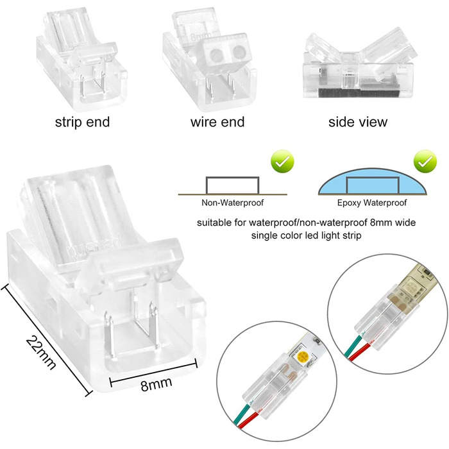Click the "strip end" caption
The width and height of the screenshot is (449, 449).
(83, 123)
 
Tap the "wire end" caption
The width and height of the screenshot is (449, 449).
(217, 123)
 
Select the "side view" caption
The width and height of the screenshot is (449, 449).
(358, 123)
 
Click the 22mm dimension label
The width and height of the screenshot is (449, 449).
(41, 352)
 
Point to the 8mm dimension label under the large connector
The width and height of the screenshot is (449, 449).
(157, 384)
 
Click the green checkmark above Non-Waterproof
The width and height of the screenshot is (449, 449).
(282, 161)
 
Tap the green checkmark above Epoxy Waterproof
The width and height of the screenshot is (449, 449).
(425, 161)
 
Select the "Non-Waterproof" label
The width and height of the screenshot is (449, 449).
(232, 203)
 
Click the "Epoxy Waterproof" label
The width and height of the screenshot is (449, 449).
(371, 203)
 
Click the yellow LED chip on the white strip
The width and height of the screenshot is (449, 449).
(302, 357)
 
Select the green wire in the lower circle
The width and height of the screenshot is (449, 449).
(241, 412)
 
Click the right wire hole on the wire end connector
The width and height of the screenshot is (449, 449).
(239, 53)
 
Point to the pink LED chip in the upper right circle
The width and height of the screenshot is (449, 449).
(403, 289)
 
